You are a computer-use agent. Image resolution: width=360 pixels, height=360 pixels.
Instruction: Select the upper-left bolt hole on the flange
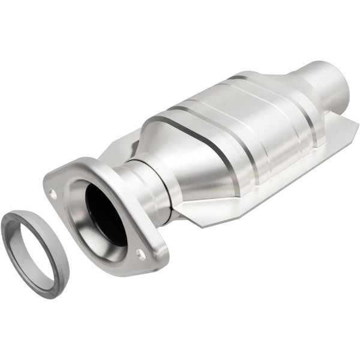[53, 194]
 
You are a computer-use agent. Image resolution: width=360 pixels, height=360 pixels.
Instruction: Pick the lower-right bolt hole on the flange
[141, 254]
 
